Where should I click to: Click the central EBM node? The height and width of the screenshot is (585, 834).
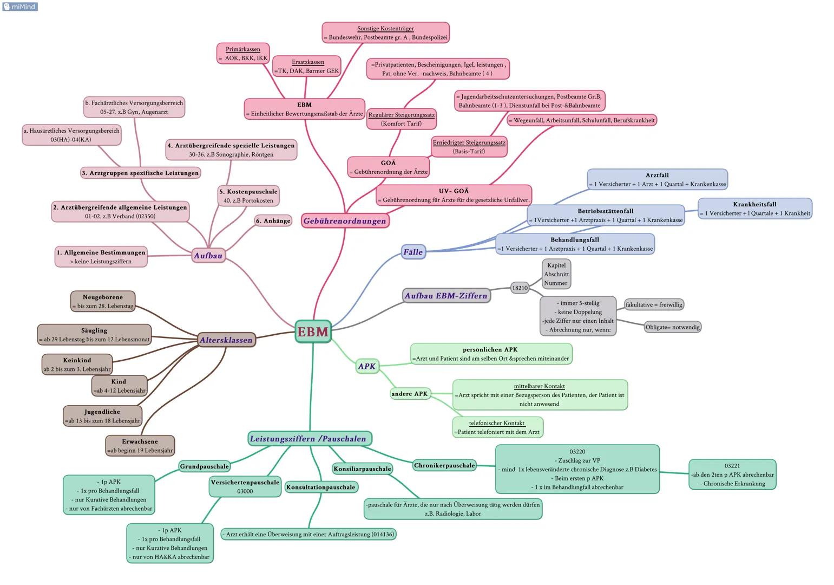pyautogui.click(x=313, y=331)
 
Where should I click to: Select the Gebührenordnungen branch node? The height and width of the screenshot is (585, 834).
pyautogui.click(x=345, y=220)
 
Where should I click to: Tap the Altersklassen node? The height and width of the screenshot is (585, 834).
pyautogui.click(x=226, y=340)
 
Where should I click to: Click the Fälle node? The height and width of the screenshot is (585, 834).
pyautogui.click(x=413, y=252)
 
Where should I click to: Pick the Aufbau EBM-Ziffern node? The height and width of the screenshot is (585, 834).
pyautogui.click(x=446, y=296)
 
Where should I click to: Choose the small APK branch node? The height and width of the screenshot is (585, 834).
pyautogui.click(x=366, y=366)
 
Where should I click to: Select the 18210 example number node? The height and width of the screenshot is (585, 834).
pyautogui.click(x=520, y=288)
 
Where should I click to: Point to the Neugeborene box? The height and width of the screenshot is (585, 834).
pyautogui.click(x=103, y=301)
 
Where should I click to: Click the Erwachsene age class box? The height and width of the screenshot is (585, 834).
pyautogui.click(x=140, y=445)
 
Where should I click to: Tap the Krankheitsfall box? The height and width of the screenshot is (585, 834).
pyautogui.click(x=754, y=209)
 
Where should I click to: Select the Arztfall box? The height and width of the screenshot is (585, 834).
pyautogui.click(x=657, y=179)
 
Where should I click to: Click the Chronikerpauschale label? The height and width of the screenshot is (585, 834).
pyautogui.click(x=444, y=465)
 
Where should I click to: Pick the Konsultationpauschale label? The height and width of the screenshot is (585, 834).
pyautogui.click(x=321, y=487)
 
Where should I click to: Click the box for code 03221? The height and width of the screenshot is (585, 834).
pyautogui.click(x=732, y=474)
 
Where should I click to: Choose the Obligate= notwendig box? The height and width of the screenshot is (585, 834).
pyautogui.click(x=672, y=327)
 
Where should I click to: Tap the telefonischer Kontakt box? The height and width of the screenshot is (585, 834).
pyautogui.click(x=497, y=427)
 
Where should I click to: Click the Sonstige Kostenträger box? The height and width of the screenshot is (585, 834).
pyautogui.click(x=385, y=33)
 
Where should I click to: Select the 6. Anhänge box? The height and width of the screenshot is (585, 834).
pyautogui.click(x=273, y=220)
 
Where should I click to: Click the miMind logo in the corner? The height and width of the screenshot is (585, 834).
pyautogui.click(x=20, y=6)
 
